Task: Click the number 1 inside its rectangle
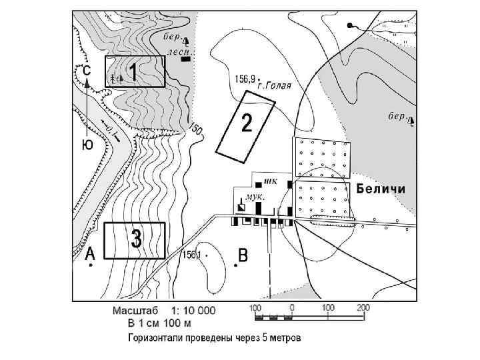click(133, 71)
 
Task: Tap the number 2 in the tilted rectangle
click(247, 123)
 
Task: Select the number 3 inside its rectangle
click(136, 239)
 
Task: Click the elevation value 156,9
click(245, 79)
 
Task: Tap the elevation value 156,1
click(192, 255)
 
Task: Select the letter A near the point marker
click(91, 253)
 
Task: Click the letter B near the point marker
click(243, 255)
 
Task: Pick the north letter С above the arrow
click(86, 69)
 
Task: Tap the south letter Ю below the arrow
click(87, 145)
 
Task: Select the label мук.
click(255, 197)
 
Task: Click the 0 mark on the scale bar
click(292, 307)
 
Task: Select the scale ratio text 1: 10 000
click(194, 310)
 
